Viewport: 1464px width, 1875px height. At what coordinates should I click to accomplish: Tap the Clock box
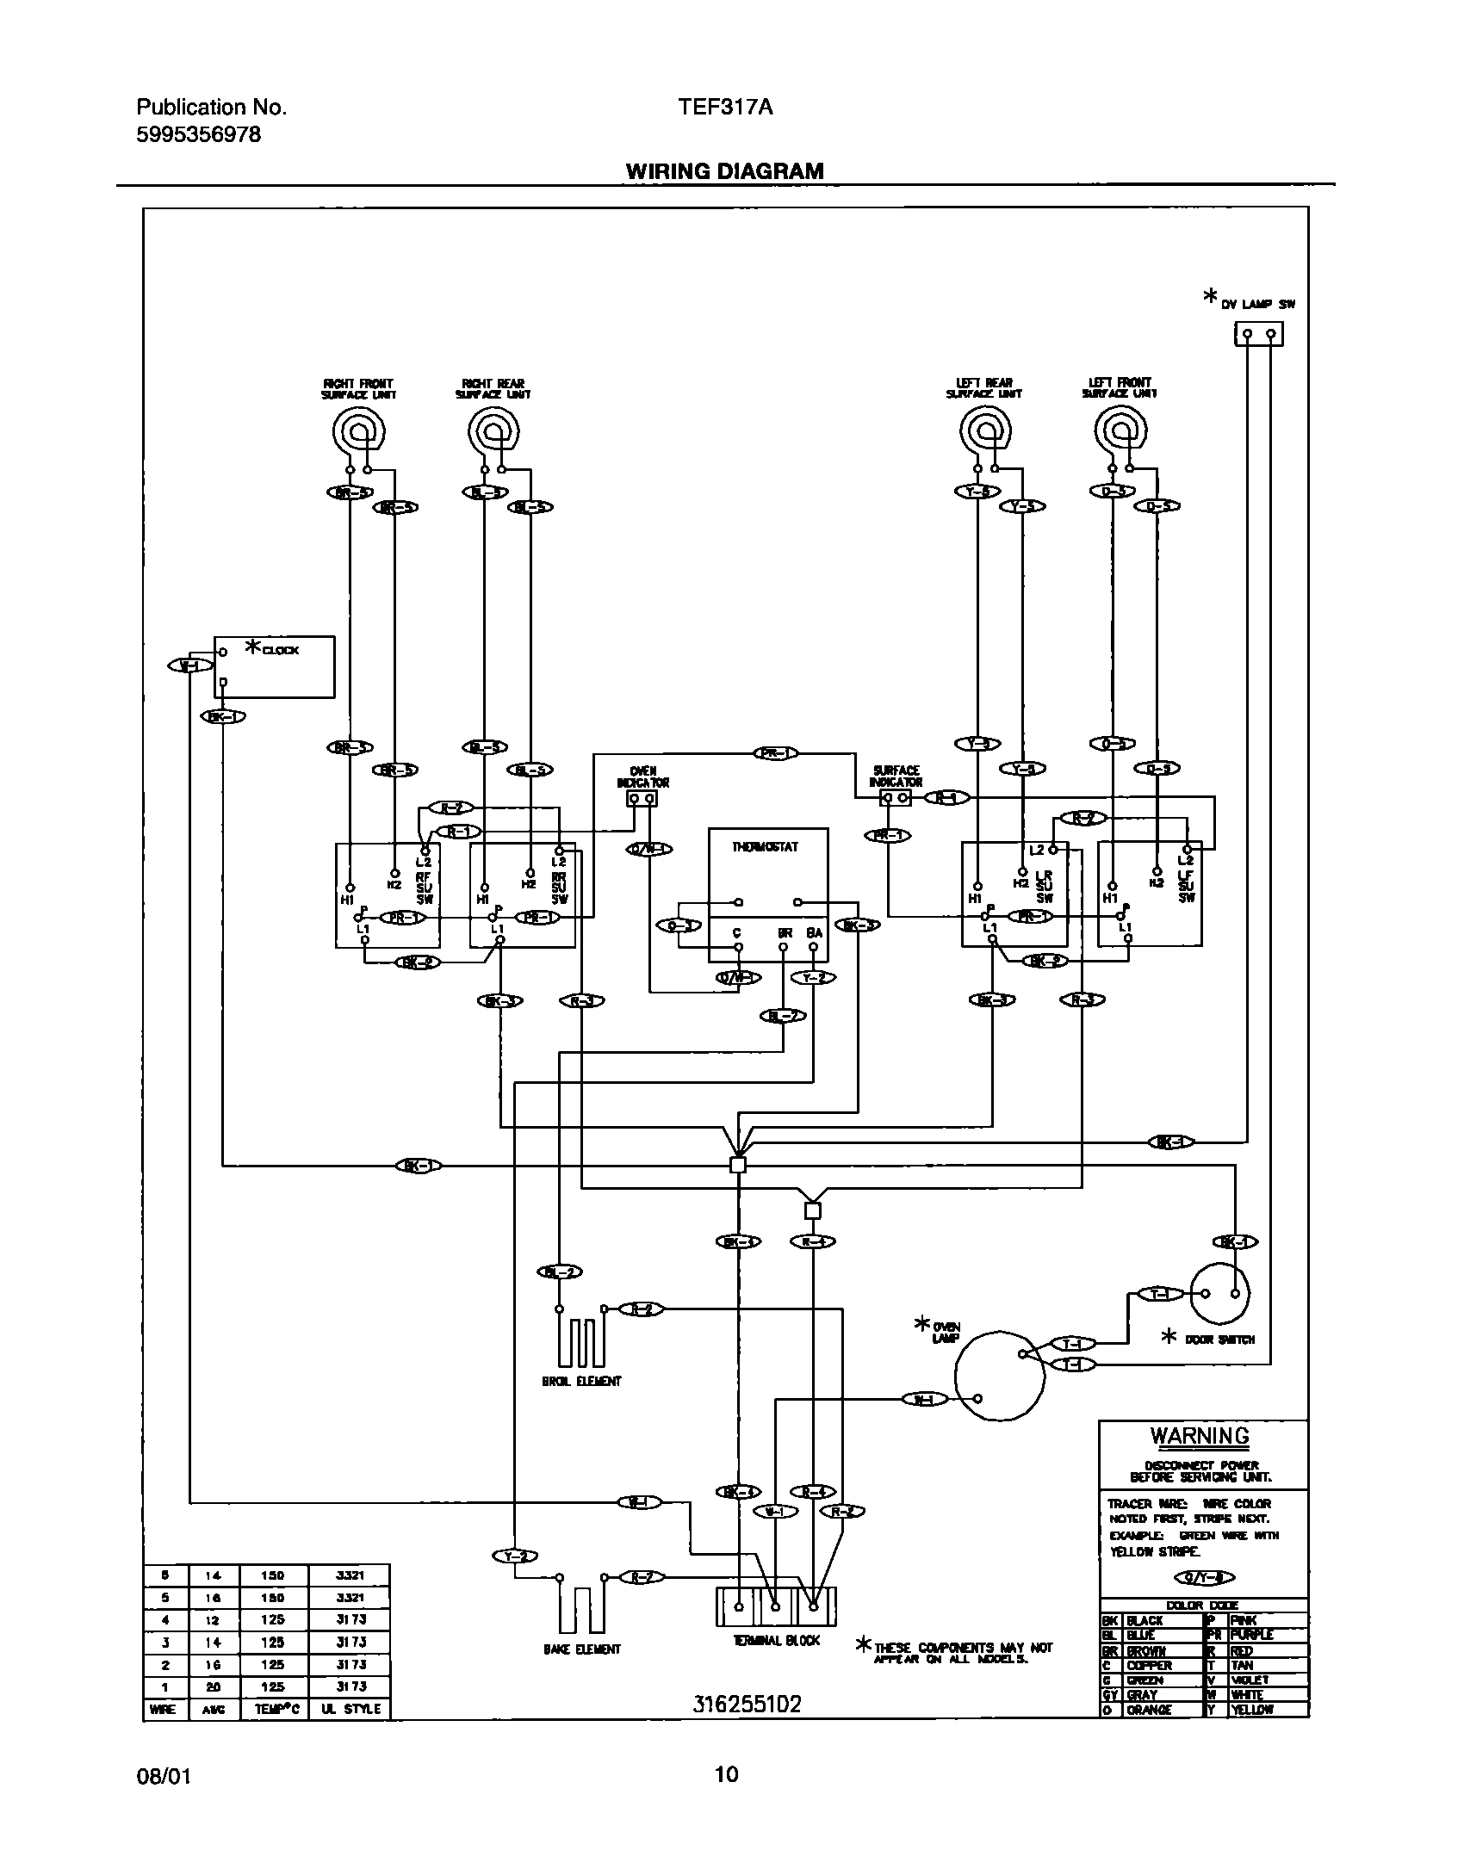(274, 667)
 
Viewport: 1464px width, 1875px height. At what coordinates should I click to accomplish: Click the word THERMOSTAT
(766, 847)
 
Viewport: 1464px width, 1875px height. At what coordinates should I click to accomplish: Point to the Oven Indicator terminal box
(642, 799)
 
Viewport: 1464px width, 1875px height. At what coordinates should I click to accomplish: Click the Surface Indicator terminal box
(896, 798)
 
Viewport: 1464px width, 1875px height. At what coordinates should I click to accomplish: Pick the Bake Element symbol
(581, 1606)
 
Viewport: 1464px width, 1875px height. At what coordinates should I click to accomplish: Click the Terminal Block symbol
(775, 1606)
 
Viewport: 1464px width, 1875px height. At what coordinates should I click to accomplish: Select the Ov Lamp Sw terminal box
(1258, 334)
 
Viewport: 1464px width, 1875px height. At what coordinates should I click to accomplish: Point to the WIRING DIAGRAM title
(724, 171)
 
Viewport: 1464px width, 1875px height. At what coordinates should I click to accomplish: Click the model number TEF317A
(725, 108)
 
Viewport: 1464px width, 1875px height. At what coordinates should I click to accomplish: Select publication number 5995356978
(198, 135)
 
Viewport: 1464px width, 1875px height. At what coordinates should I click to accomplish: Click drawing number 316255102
(747, 1705)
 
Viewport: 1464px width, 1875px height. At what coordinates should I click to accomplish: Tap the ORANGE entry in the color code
(1149, 1710)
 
